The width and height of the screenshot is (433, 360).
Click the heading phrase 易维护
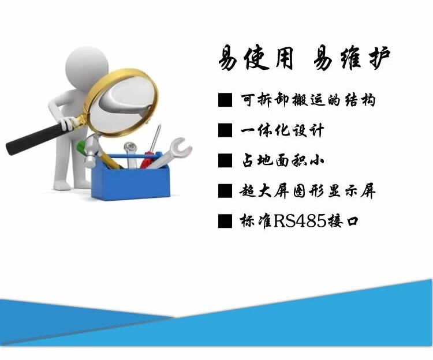point(352,58)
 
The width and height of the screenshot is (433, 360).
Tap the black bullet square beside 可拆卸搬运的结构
point(225,100)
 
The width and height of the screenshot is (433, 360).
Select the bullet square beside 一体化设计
point(225,130)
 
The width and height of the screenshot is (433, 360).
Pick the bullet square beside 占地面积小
point(225,160)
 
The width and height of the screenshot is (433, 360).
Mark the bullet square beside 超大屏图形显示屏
point(225,191)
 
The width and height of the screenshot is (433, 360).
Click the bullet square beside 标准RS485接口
point(225,221)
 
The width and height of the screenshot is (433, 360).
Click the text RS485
point(300,221)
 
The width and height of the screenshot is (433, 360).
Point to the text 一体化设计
point(282,130)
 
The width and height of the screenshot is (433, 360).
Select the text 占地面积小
point(282,160)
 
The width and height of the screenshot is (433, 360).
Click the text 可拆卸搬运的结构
point(308,100)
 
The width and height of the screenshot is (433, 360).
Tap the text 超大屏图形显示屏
point(308,191)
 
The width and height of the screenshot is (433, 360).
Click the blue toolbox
point(130,179)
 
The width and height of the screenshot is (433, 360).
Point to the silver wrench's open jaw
point(181,146)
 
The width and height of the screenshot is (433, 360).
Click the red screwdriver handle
point(146,160)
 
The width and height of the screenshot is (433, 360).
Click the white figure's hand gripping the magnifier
point(68,123)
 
